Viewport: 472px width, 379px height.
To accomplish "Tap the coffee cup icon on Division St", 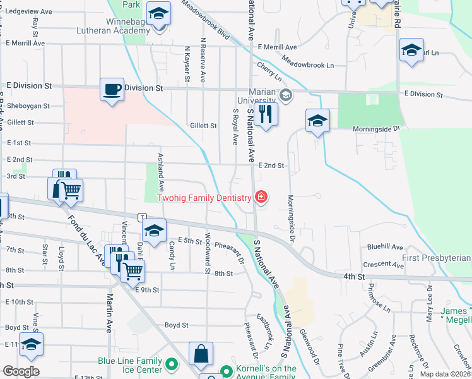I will (112, 88).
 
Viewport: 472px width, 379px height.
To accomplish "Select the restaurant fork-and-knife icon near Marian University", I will (266, 114).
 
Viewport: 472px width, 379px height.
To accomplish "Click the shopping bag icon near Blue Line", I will (201, 355).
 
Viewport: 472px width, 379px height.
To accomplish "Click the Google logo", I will (21, 371).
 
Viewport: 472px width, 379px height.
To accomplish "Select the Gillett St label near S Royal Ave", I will (203, 126).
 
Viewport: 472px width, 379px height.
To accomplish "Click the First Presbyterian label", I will (436, 258).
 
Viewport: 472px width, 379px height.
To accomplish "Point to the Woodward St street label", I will (207, 253).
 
